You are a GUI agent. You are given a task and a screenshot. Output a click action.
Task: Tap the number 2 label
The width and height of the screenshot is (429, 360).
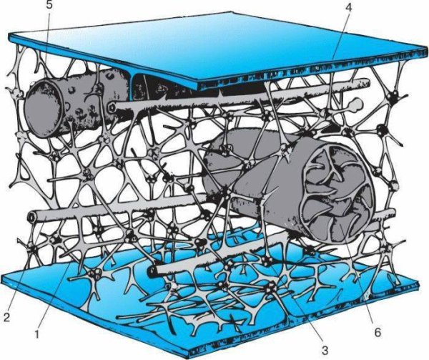click(x=6, y=317)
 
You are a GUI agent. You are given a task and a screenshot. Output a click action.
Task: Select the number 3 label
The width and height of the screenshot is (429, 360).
click(x=325, y=349)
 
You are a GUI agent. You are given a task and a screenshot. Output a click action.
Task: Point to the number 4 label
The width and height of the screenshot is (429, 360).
click(x=348, y=6)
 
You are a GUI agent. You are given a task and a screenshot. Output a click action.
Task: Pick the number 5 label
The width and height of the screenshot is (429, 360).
click(x=49, y=6)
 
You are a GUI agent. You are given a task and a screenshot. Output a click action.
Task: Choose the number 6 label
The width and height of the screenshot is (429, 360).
click(x=378, y=332)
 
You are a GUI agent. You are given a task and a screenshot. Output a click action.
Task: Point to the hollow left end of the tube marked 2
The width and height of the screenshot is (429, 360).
click(x=31, y=217)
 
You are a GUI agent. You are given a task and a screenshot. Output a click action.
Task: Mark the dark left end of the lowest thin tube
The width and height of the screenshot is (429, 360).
click(x=151, y=271)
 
